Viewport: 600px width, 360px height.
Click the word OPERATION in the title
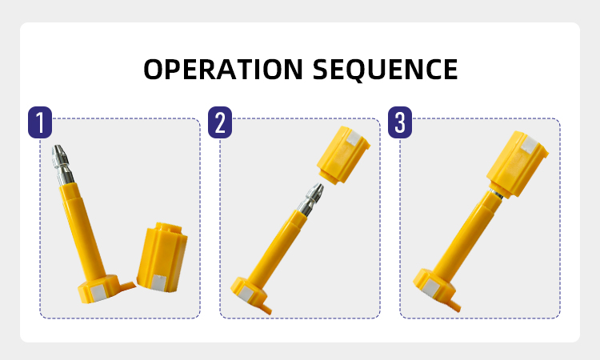(x=223, y=70)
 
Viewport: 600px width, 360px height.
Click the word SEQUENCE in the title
(x=385, y=70)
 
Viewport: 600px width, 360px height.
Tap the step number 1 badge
(x=40, y=122)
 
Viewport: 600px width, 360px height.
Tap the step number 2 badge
(x=220, y=122)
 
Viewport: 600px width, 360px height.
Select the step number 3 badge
(x=400, y=122)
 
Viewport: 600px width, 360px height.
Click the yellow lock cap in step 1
(x=162, y=257)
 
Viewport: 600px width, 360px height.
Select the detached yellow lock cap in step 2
(x=343, y=155)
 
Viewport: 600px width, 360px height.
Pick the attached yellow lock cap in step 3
(x=518, y=164)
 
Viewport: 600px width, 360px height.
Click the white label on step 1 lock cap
(x=158, y=282)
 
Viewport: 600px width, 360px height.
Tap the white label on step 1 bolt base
(x=98, y=293)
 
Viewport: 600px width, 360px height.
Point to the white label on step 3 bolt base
(x=430, y=288)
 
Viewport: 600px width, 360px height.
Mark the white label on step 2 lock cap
(x=354, y=139)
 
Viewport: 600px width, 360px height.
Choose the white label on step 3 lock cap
(x=530, y=145)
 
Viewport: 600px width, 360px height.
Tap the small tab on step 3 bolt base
(x=454, y=306)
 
